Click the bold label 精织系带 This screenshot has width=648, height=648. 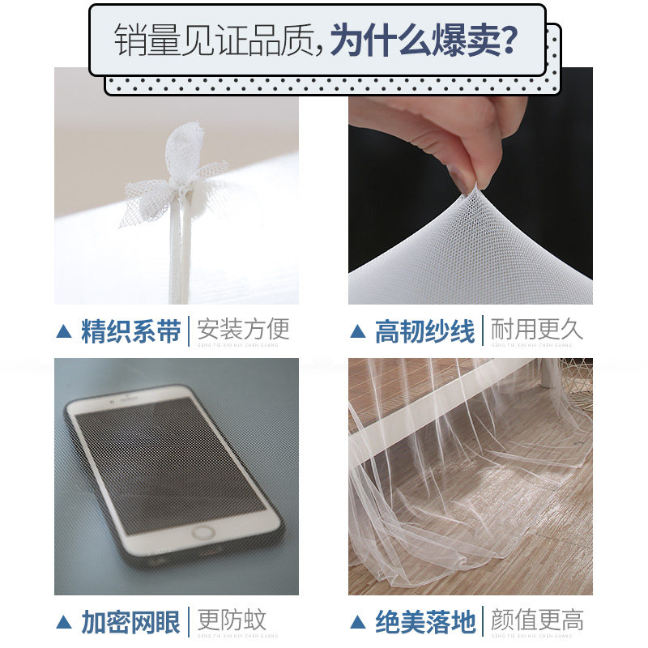click(130, 331)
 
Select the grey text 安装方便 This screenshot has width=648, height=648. click(243, 330)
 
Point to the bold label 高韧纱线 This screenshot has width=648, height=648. click(424, 331)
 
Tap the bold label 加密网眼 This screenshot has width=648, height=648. click(130, 622)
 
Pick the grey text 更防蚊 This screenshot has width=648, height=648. click(232, 621)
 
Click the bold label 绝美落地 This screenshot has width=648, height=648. click(424, 622)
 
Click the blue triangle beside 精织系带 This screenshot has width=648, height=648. click(64, 331)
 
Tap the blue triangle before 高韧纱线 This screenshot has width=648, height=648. click(357, 331)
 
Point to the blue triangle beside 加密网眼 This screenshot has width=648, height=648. click(64, 622)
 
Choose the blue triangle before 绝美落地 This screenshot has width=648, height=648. click(357, 622)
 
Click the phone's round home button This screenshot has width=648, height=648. click(204, 533)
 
